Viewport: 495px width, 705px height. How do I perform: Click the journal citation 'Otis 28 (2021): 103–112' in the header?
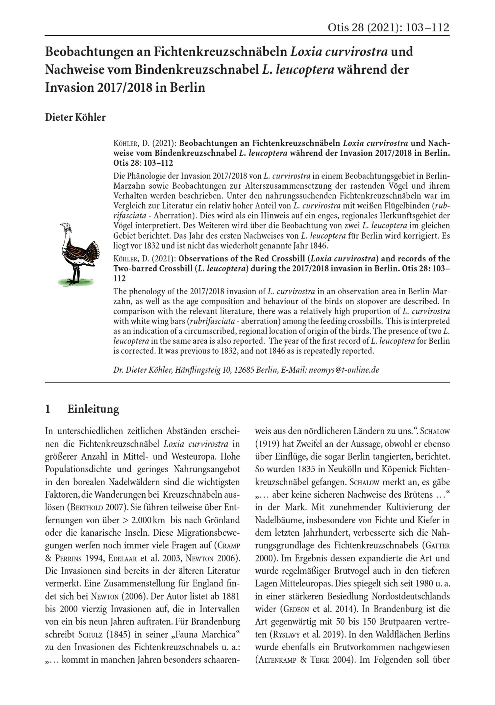pos(388,28)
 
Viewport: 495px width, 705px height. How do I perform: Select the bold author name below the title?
pos(75,117)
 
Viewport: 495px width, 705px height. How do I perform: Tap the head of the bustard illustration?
pos(65,227)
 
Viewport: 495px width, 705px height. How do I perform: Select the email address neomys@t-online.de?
pos(344,370)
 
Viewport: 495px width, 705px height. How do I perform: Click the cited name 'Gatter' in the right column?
pos(437,546)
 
